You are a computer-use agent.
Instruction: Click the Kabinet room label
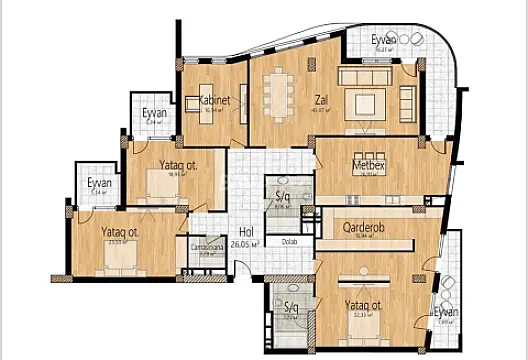214,100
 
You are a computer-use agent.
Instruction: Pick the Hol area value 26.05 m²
241,243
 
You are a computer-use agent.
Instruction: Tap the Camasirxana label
206,246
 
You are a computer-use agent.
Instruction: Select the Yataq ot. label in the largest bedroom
362,306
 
